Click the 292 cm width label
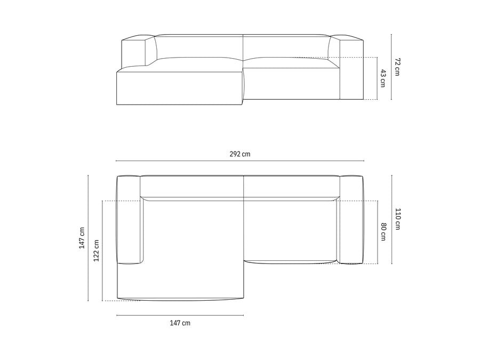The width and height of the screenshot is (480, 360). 239,154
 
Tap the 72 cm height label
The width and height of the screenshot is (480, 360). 397,67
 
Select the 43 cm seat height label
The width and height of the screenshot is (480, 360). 383,78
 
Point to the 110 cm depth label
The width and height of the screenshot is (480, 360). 398,219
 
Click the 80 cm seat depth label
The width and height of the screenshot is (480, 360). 383,232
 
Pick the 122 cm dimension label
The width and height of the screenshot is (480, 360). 97,251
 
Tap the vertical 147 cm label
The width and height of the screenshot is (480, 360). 82,238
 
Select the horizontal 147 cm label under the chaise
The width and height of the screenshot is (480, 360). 180,323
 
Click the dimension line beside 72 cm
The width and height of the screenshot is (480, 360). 391,67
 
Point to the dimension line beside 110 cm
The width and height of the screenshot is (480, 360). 392,219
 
